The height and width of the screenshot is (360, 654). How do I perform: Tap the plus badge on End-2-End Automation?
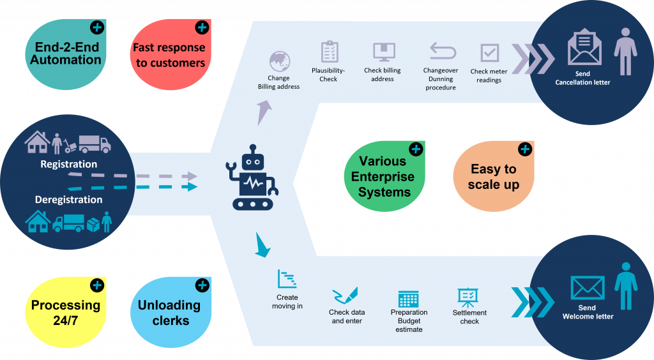[x=96, y=27]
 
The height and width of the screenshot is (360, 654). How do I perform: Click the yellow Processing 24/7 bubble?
[x=66, y=312]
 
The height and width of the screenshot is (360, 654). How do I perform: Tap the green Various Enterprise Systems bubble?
[x=383, y=177]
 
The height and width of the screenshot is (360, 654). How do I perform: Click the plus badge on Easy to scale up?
[x=524, y=149]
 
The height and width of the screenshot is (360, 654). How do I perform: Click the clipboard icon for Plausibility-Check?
[x=330, y=52]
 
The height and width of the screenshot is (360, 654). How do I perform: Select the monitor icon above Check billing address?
[x=384, y=52]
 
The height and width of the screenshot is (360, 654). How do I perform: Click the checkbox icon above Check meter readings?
[x=490, y=53]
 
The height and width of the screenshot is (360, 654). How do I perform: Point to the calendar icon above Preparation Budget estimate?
[x=408, y=298]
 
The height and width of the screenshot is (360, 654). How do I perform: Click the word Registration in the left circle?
[x=68, y=164]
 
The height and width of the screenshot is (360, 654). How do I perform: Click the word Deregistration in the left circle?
[x=68, y=199]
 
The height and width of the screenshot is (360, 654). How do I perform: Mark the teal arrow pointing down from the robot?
[x=262, y=246]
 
